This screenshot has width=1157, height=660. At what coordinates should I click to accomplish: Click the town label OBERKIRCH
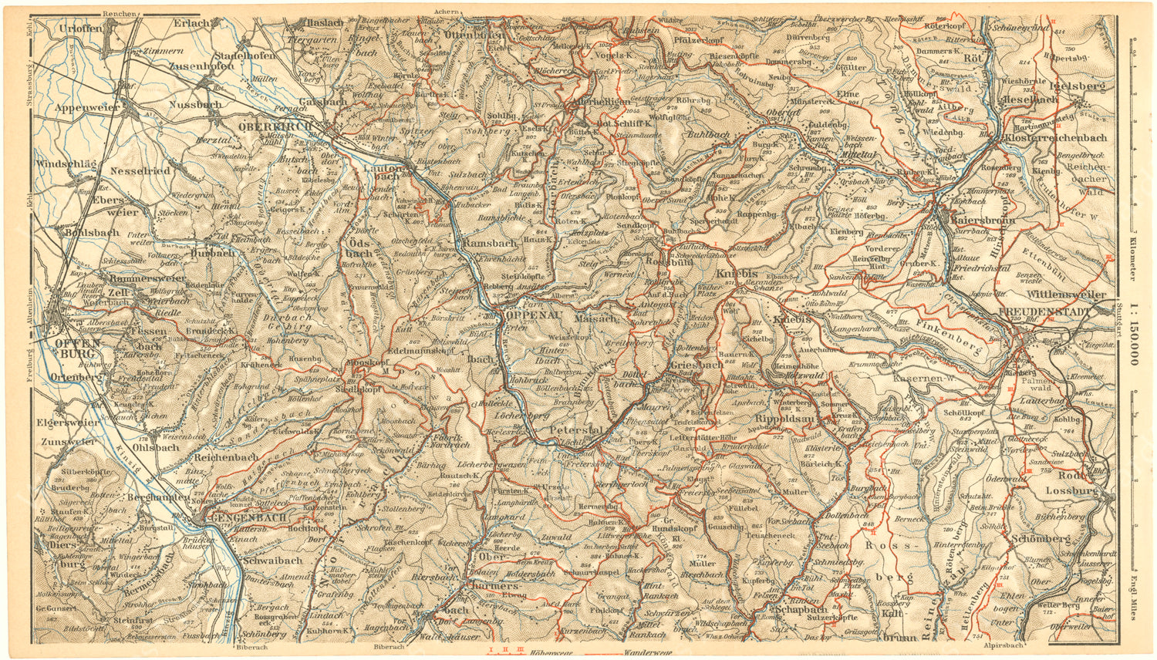pyautogui.click(x=275, y=126)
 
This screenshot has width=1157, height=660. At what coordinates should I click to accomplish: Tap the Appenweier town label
pyautogui.click(x=83, y=108)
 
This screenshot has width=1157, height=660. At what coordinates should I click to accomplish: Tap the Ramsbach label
pyautogui.click(x=491, y=243)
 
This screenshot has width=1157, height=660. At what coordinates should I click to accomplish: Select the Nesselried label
pyautogui.click(x=140, y=170)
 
